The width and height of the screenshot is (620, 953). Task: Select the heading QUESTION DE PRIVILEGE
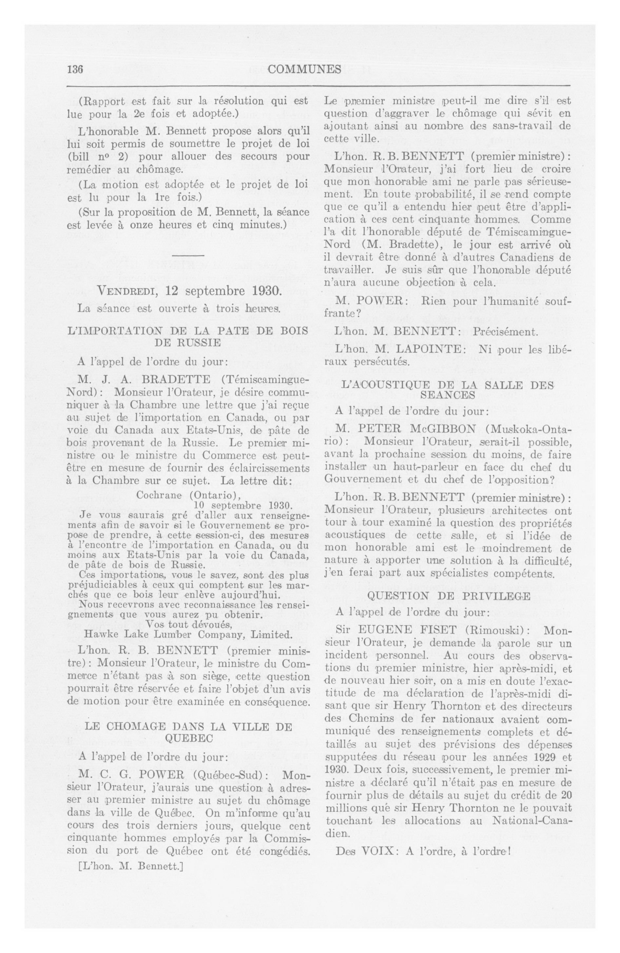tap(449, 596)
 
